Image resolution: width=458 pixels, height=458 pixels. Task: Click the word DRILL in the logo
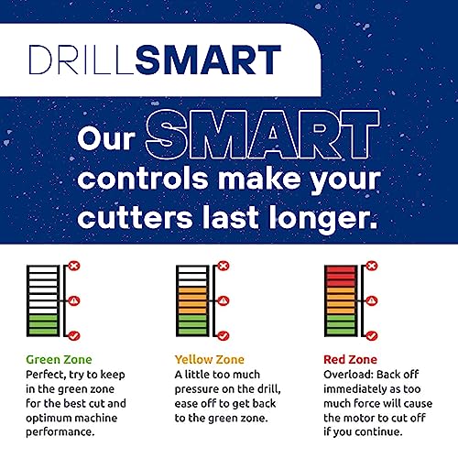[x=82, y=60]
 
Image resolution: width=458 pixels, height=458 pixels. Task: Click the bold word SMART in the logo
[x=208, y=60]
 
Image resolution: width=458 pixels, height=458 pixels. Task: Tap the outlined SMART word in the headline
[x=263, y=135]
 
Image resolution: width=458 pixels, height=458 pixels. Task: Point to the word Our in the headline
[x=106, y=138]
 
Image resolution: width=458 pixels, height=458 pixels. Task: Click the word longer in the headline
[x=323, y=219]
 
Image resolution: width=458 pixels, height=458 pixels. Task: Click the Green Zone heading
[x=59, y=359]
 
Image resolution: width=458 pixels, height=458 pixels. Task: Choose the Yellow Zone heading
[x=210, y=359]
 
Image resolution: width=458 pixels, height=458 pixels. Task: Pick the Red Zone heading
[x=350, y=359]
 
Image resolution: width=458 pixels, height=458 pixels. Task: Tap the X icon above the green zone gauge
[x=74, y=266]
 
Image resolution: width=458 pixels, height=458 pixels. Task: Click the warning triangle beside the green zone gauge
[x=74, y=301]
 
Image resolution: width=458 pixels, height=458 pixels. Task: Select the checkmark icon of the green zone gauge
[x=74, y=336]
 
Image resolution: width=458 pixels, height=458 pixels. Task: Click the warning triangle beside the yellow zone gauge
[x=224, y=301]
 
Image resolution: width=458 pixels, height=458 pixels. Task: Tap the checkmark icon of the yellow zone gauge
[x=224, y=336]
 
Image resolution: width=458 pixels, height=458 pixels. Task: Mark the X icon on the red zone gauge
[x=372, y=266]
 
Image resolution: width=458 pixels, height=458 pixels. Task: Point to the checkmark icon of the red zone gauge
[x=372, y=336]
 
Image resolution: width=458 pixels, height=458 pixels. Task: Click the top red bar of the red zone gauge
[x=341, y=269]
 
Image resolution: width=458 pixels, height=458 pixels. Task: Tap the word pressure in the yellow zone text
[x=199, y=390]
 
